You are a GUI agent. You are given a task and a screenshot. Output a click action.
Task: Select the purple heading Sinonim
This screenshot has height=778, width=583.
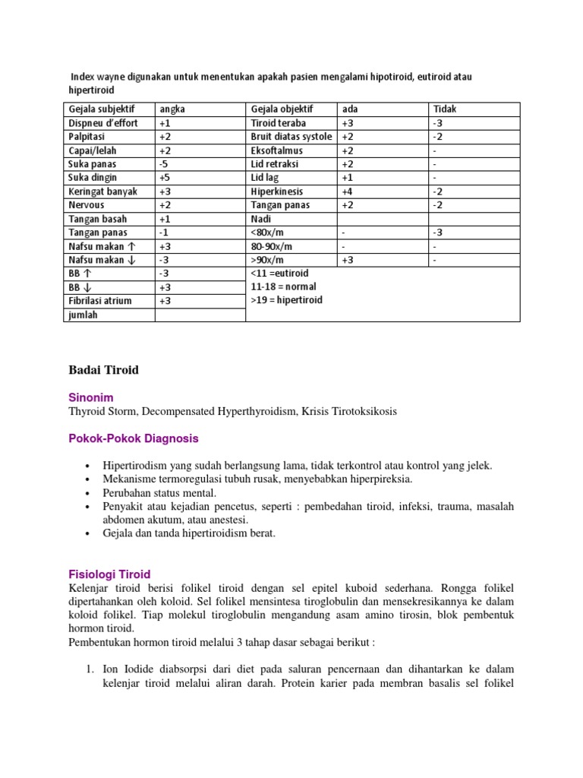91,397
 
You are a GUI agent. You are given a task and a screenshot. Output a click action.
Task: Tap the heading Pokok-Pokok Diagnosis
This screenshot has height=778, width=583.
134,438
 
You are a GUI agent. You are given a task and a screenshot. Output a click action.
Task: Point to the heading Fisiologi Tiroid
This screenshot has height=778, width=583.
110,574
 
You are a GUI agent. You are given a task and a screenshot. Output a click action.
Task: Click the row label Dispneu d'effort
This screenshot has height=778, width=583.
103,123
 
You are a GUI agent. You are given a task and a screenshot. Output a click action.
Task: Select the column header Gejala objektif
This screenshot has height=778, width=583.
282,109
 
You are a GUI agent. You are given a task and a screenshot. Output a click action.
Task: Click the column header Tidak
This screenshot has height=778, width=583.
445,109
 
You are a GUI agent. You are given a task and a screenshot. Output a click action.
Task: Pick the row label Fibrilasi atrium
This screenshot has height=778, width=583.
100,301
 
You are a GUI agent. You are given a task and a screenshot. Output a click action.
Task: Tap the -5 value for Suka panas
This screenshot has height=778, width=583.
165,164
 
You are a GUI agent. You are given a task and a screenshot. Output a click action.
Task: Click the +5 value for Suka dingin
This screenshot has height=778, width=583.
165,178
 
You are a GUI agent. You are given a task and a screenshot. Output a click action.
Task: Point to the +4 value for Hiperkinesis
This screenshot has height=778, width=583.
348,191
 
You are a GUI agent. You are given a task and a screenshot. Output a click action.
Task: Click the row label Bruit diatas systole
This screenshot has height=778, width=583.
291,137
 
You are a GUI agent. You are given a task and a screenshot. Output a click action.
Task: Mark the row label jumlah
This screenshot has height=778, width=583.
84,315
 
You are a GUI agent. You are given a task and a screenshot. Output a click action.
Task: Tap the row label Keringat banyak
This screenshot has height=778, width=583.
103,191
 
